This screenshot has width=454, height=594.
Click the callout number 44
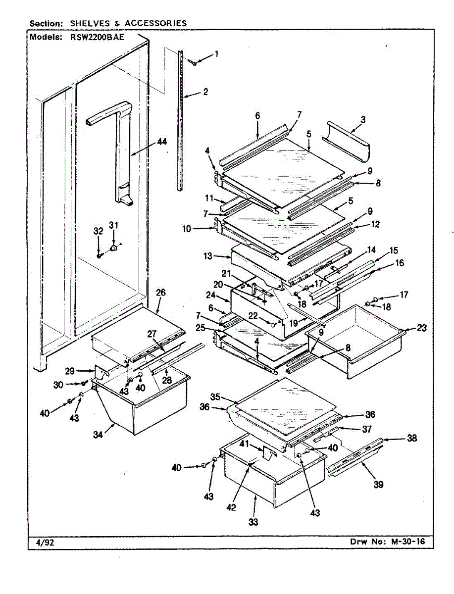162,142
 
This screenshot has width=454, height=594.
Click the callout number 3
363,120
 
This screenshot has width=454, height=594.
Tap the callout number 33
254,521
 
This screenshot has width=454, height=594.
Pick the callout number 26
160,293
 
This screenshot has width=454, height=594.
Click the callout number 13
208,256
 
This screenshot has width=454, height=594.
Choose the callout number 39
379,485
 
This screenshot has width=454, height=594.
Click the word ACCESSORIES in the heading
155,23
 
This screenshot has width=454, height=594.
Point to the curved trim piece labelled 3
347,144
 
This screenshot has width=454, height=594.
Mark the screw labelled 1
195,62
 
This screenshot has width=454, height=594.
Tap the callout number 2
205,92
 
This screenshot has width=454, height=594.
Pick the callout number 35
215,396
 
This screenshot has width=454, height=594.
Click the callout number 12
375,224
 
